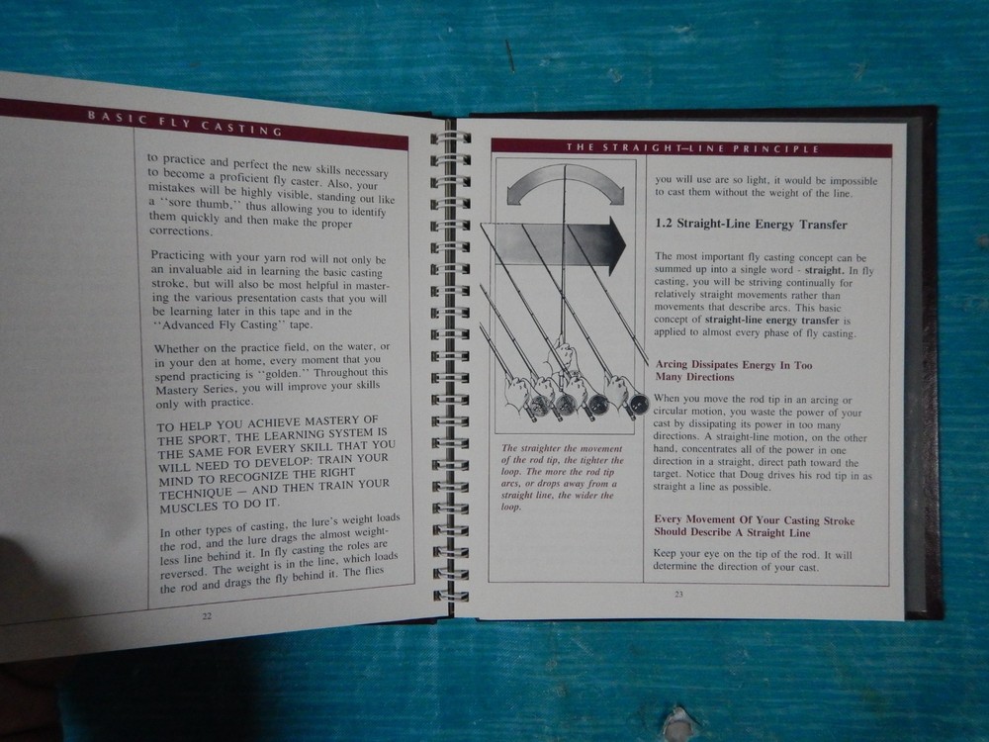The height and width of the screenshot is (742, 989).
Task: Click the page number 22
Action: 207,616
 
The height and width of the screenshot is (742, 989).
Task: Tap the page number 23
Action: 678,595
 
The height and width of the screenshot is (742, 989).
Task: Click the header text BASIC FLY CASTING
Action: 185,124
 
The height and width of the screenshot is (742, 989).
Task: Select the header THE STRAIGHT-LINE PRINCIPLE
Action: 692,149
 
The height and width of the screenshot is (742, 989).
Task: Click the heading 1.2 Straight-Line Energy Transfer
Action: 751,225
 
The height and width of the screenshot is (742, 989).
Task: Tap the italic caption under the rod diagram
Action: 562,478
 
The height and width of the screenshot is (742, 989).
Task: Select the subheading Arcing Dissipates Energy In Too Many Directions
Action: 734,371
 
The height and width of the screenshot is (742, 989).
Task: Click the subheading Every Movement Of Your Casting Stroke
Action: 754,520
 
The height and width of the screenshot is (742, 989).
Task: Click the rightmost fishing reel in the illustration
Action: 636,404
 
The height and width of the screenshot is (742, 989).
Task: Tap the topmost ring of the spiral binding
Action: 450,139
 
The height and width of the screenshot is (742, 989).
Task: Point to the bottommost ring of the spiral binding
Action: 450,596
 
